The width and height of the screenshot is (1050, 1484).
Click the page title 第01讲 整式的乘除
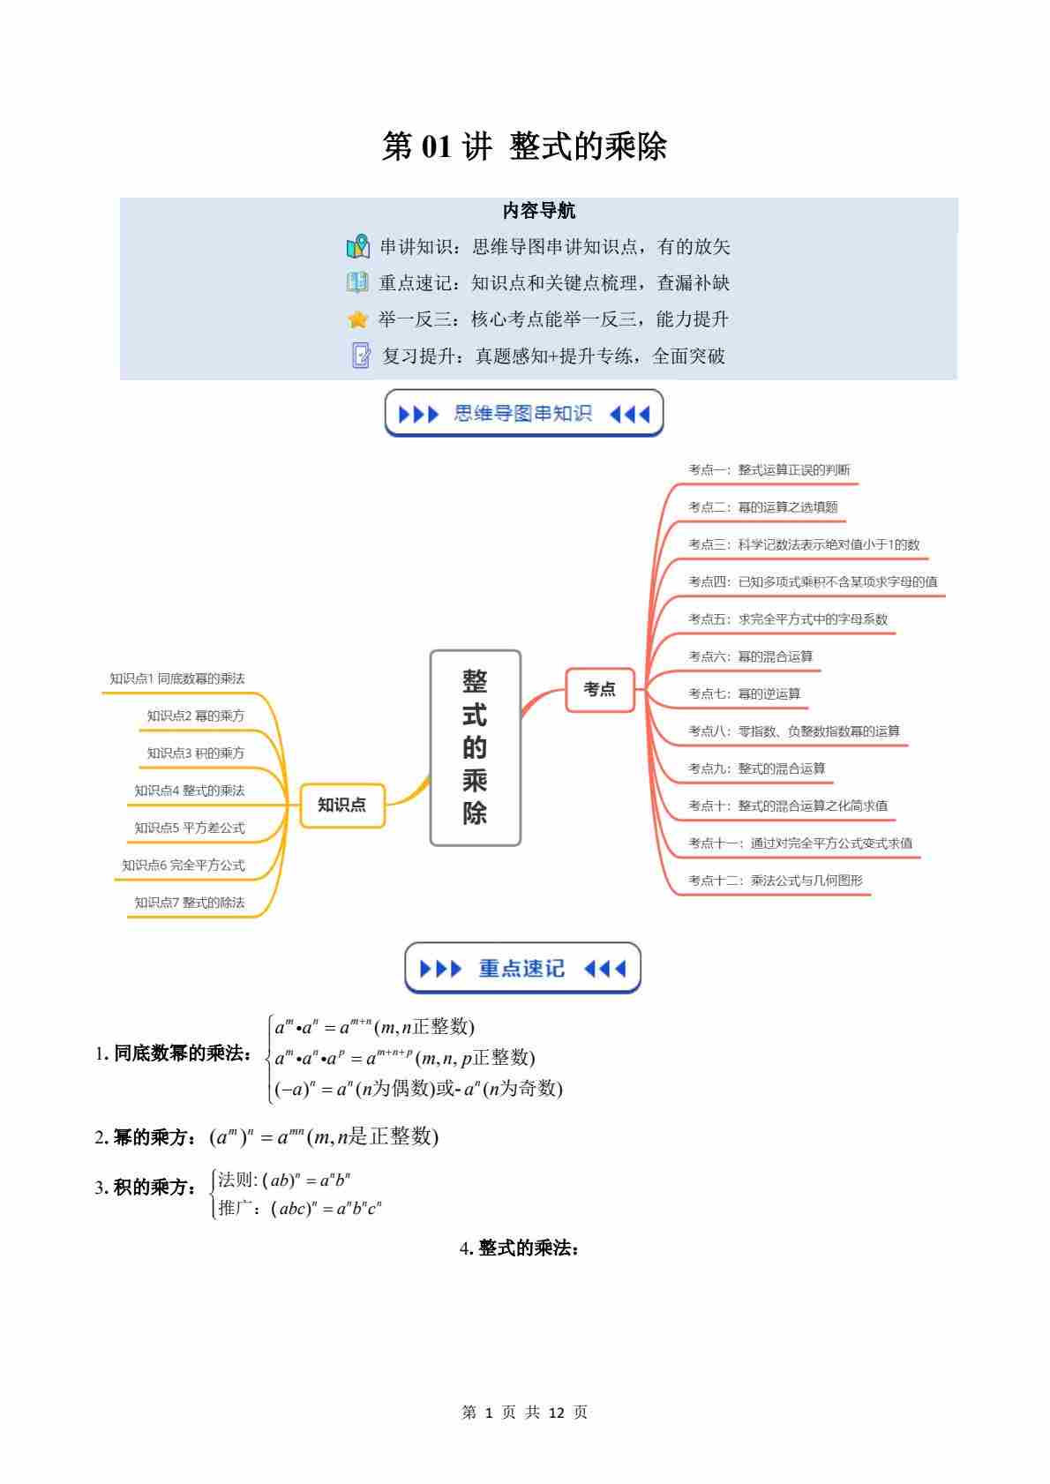coord(524,146)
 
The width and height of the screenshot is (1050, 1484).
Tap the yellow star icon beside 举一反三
coord(357,319)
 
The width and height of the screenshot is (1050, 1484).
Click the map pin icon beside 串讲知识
coord(358,247)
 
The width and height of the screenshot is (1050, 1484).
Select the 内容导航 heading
coord(538,211)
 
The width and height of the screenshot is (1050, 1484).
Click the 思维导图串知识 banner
coord(523,414)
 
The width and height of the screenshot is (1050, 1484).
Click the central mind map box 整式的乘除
coord(475,747)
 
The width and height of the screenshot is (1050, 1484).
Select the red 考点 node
coord(600,689)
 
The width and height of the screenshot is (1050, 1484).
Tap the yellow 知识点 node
coord(342,805)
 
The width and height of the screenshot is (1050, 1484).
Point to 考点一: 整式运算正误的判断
coord(769,470)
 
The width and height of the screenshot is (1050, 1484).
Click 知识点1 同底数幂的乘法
coord(177,678)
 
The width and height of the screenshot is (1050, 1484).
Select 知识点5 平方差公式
coord(190,828)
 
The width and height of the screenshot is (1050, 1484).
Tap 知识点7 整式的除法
coord(190,902)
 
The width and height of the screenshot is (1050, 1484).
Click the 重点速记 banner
coord(522,969)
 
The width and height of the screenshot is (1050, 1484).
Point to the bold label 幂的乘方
coord(150,1137)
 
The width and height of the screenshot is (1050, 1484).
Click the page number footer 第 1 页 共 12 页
coord(524,1413)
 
